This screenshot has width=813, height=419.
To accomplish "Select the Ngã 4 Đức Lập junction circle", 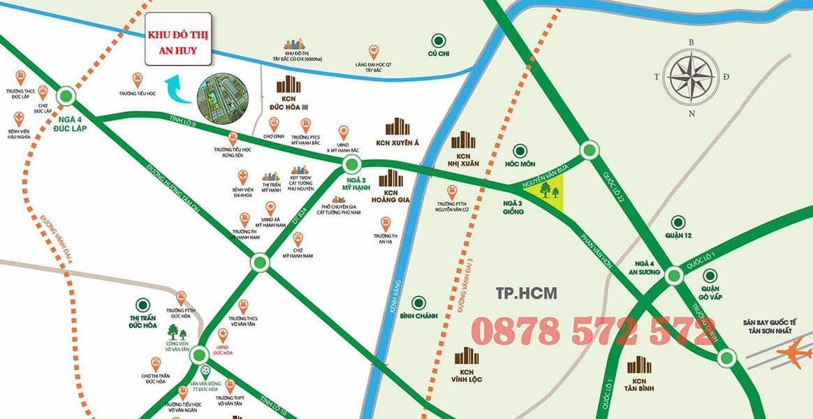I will click(x=66, y=96).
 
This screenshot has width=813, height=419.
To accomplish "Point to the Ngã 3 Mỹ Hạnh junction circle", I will click(x=352, y=166).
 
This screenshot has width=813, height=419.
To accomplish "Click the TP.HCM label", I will click(x=517, y=293).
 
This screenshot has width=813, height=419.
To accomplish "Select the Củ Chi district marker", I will click(x=438, y=41).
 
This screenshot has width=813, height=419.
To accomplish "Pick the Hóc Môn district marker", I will click(x=519, y=150).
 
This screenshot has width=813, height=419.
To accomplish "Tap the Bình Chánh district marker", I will click(x=418, y=303).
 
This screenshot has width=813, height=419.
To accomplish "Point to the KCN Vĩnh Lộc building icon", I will click(x=467, y=355).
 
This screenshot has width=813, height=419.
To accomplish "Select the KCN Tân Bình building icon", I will click(x=639, y=365).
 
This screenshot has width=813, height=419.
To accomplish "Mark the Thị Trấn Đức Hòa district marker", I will click(x=142, y=304).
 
